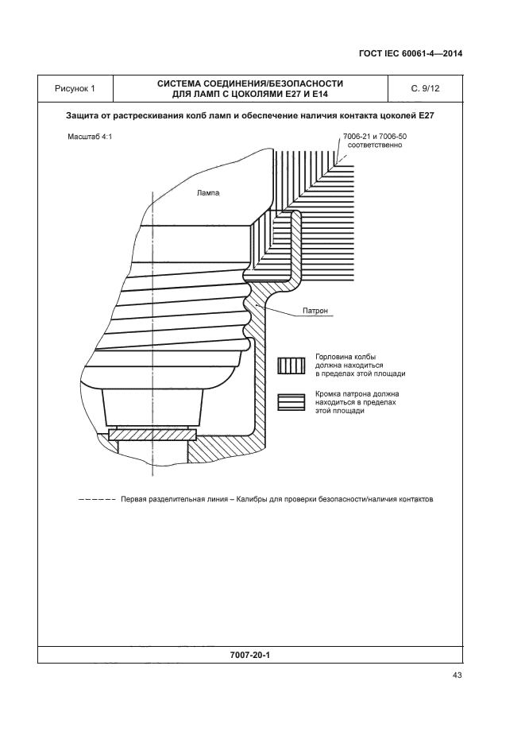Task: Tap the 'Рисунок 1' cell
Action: click(75, 88)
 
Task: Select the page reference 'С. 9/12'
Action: click(425, 88)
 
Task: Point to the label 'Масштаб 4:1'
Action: click(90, 137)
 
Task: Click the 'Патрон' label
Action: click(315, 311)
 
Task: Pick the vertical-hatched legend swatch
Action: click(291, 365)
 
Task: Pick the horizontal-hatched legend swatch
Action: click(291, 402)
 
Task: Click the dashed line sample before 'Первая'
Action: click(98, 501)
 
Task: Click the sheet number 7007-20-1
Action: click(250, 656)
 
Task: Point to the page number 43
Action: click(457, 675)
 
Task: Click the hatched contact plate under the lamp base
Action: click(152, 435)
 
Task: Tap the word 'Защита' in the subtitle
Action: click(83, 116)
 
